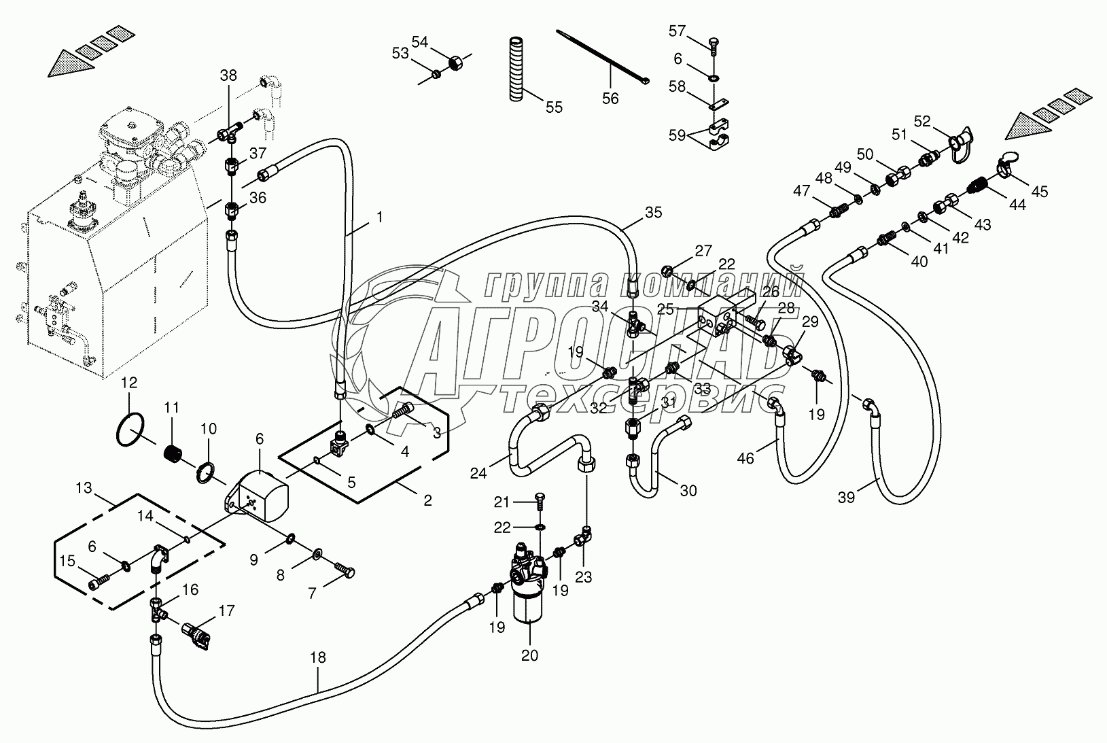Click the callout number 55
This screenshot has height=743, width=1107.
(x=555, y=107)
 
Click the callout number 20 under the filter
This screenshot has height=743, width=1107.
(x=529, y=655)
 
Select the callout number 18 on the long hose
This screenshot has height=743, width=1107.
(x=317, y=657)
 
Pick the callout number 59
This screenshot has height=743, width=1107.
(x=678, y=135)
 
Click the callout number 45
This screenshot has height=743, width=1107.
(x=1039, y=192)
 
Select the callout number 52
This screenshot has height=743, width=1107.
(x=922, y=121)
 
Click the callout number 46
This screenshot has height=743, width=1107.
(x=745, y=458)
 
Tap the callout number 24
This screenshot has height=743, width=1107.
(x=478, y=472)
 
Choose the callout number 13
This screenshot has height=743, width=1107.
(x=83, y=487)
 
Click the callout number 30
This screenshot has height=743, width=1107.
(x=688, y=490)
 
